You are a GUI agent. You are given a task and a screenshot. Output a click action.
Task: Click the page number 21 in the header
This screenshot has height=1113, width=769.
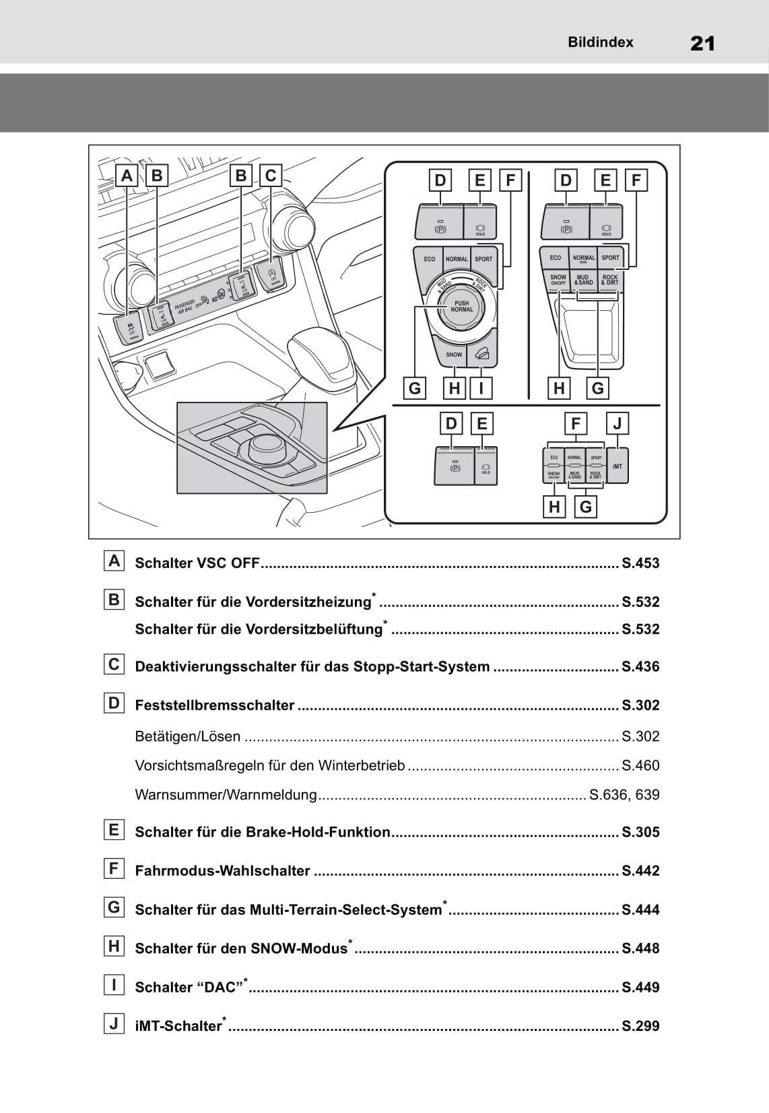pyautogui.click(x=702, y=44)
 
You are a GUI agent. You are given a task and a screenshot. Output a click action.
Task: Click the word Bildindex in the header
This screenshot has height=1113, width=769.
pyautogui.click(x=600, y=42)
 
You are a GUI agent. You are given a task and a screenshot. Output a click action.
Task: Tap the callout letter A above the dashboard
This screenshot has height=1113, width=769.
pyautogui.click(x=127, y=176)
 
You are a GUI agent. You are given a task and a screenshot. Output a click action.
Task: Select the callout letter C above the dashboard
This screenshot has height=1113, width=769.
pyautogui.click(x=271, y=176)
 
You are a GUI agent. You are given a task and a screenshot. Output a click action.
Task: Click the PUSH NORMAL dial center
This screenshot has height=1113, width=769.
pyautogui.click(x=462, y=307)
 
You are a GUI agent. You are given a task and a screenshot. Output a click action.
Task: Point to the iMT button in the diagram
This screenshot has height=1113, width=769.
pyautogui.click(x=617, y=466)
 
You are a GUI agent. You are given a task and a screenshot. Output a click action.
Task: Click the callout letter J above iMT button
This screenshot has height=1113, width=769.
pyautogui.click(x=617, y=423)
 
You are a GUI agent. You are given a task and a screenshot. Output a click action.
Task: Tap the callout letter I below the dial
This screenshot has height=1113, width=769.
pyautogui.click(x=481, y=388)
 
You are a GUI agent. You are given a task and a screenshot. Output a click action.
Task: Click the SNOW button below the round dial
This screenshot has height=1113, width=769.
pyautogui.click(x=454, y=354)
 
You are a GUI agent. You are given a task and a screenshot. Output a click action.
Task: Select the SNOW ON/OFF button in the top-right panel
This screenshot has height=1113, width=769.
pyautogui.click(x=558, y=280)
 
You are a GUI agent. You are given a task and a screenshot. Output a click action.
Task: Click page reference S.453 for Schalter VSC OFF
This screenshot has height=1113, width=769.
pyautogui.click(x=640, y=563)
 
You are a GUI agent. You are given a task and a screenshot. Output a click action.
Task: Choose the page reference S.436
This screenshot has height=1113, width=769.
pyautogui.click(x=640, y=667)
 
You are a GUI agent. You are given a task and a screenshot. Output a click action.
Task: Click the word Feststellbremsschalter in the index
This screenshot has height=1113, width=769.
pyautogui.click(x=215, y=705)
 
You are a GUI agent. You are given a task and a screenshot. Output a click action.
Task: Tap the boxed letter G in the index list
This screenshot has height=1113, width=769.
pyautogui.click(x=114, y=907)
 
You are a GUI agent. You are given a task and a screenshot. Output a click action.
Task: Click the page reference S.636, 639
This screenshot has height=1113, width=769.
pyautogui.click(x=624, y=795)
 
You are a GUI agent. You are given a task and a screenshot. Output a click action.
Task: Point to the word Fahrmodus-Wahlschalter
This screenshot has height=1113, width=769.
pyautogui.click(x=223, y=871)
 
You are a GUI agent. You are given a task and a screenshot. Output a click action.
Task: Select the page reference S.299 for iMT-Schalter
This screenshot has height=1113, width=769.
pyautogui.click(x=640, y=1026)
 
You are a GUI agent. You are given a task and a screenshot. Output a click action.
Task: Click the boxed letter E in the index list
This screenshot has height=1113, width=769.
pyautogui.click(x=114, y=830)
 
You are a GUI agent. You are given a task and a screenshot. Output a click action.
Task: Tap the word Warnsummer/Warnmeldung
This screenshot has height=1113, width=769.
pyautogui.click(x=226, y=795)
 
